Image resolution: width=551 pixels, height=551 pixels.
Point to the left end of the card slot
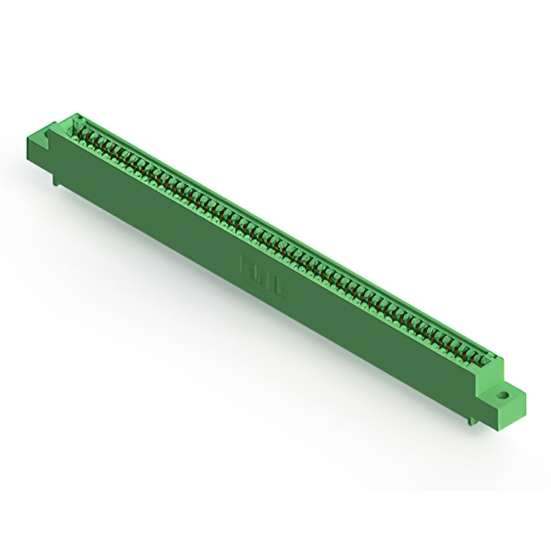tap(80, 127)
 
